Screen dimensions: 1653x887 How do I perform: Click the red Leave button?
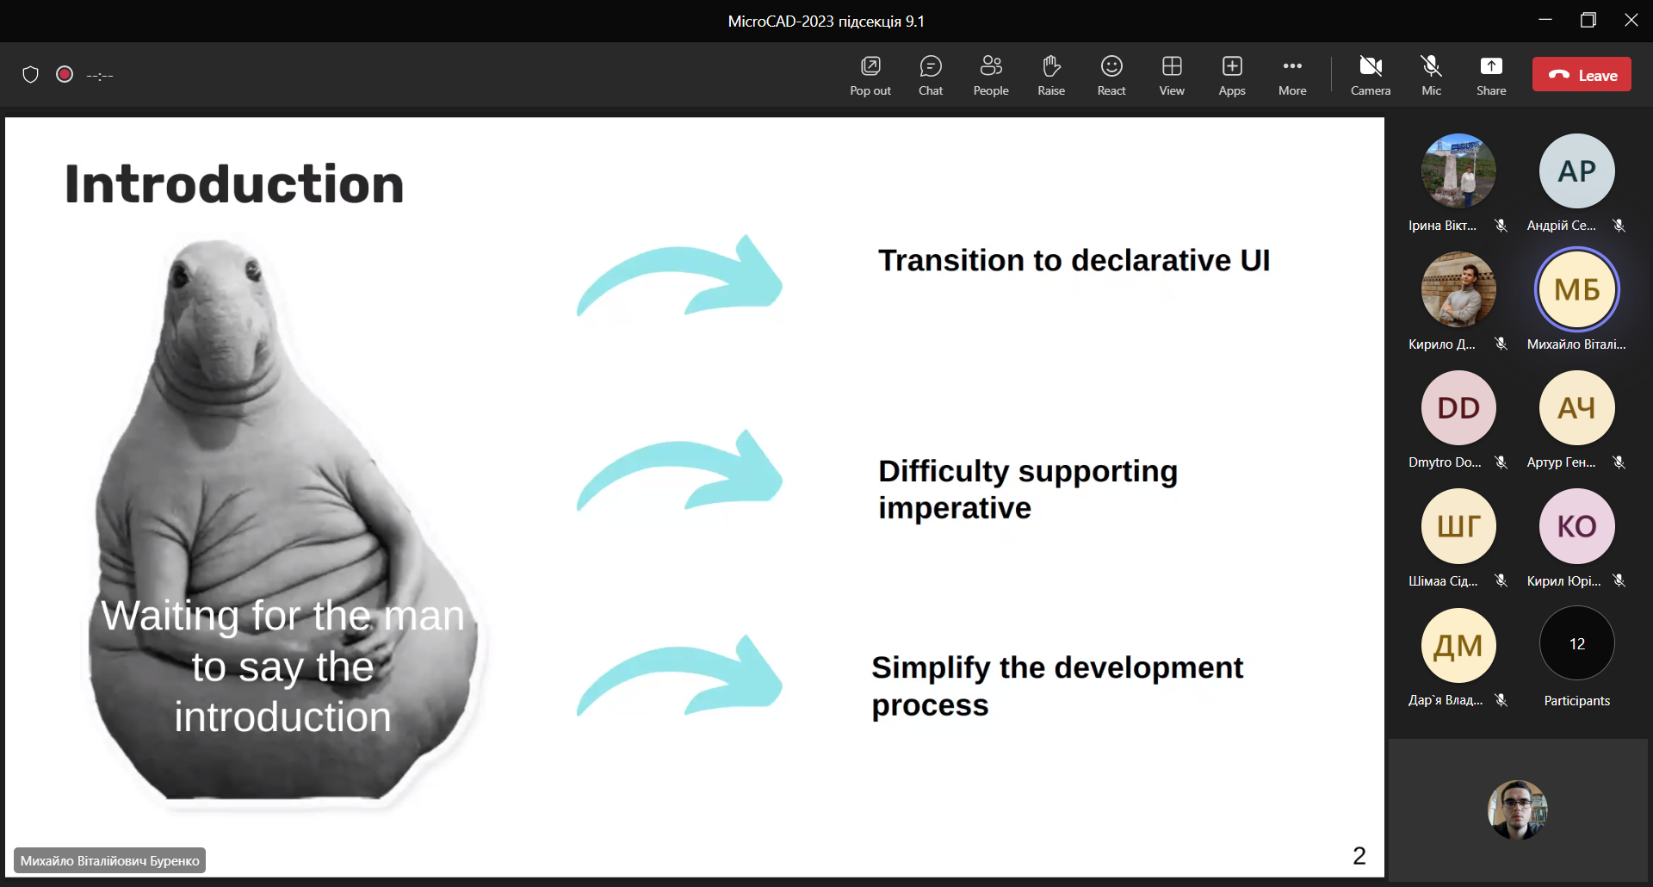pyautogui.click(x=1582, y=75)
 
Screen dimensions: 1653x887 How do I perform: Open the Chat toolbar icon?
pyautogui.click(x=931, y=66)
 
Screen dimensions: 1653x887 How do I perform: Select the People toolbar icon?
pyautogui.click(x=991, y=66)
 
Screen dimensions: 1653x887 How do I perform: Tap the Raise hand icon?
pyautogui.click(x=1051, y=66)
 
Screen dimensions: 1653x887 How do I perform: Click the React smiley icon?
pyautogui.click(x=1111, y=66)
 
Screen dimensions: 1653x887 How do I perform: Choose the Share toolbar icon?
pyautogui.click(x=1491, y=66)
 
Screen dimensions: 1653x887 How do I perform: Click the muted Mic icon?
pyautogui.click(x=1431, y=66)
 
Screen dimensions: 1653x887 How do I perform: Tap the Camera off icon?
pyautogui.click(x=1371, y=66)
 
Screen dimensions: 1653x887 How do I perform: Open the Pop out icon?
pyautogui.click(x=870, y=66)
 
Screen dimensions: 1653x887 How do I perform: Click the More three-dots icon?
pyautogui.click(x=1292, y=66)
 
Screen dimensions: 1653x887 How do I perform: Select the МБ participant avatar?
pyautogui.click(x=1577, y=289)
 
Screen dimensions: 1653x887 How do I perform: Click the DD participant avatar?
pyautogui.click(x=1458, y=408)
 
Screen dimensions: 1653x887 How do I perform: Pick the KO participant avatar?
pyautogui.click(x=1577, y=526)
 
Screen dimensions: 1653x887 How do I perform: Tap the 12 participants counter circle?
pyautogui.click(x=1577, y=643)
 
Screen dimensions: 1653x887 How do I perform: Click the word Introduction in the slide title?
pyautogui.click(x=234, y=184)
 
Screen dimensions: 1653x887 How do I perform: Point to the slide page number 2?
pyautogui.click(x=1359, y=856)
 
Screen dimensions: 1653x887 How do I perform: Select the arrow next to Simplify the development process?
pyautogui.click(x=680, y=677)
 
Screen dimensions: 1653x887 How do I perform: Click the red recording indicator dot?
pyautogui.click(x=65, y=74)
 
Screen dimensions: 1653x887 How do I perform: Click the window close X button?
pyautogui.click(x=1631, y=20)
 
